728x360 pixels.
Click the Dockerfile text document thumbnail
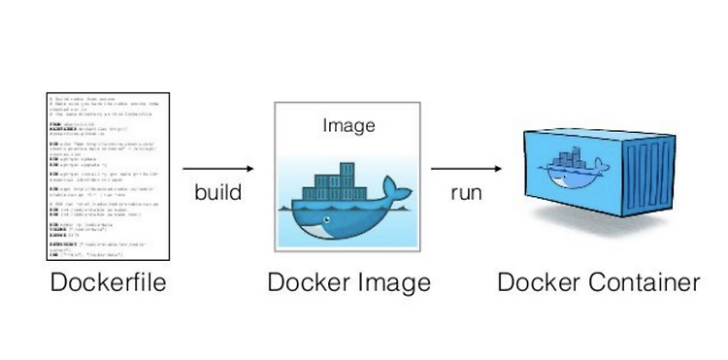click(108, 176)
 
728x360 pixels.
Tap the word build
click(217, 192)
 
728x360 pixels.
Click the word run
click(466, 192)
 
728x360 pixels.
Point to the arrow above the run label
click(472, 168)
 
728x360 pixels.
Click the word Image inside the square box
click(348, 125)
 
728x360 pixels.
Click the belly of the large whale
click(335, 225)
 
